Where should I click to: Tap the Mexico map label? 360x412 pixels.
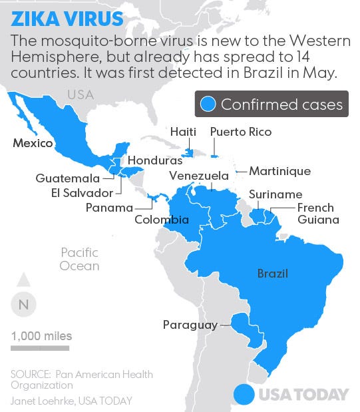coord(33,143)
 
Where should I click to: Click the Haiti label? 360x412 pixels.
coord(183,132)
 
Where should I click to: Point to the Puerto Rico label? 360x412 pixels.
coord(241,132)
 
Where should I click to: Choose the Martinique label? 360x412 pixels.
coord(279,171)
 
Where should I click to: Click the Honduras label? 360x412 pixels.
coord(154,161)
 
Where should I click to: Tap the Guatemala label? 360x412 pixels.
coord(68,178)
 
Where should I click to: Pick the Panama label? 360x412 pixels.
coord(110,208)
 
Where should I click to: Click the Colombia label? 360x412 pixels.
coord(162,220)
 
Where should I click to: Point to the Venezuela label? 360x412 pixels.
coord(199,176)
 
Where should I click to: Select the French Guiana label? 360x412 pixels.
coord(317,214)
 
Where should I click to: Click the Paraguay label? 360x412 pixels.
coord(190,325)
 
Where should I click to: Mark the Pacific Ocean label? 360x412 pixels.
coord(79,259)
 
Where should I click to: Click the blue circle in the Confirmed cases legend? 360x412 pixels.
coord(210,104)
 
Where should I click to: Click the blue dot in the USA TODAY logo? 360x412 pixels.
coord(245,394)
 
